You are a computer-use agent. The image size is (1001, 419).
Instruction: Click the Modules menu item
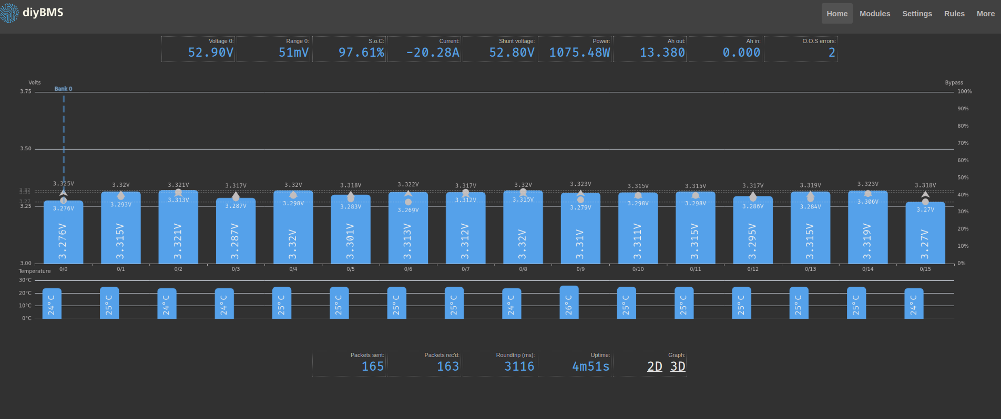point(875,14)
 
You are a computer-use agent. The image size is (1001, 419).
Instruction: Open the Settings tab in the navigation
point(917,14)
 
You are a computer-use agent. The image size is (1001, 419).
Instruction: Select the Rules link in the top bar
point(954,14)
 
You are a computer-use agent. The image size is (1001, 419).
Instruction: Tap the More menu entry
point(985,14)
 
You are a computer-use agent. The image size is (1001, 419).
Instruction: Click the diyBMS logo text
point(43,12)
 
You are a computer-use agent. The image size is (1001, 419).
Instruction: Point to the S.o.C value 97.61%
point(361,53)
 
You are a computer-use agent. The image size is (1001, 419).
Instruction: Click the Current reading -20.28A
point(433,53)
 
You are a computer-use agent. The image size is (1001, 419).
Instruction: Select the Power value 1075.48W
point(579,53)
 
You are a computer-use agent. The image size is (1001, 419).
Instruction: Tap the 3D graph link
point(678,366)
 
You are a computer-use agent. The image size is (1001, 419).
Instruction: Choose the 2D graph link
point(655,366)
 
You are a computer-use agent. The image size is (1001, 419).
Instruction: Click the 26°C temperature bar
point(569,302)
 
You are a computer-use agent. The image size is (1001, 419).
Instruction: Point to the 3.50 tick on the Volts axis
point(26,149)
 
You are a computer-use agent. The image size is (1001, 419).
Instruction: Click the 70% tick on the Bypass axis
point(963,143)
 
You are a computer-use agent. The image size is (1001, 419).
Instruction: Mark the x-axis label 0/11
point(695,269)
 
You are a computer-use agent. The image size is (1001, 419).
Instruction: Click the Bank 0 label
point(63,89)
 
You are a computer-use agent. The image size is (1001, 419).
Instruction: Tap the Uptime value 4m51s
point(590,366)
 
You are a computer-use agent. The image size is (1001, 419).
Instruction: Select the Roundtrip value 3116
point(519,366)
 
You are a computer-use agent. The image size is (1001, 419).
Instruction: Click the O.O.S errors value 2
point(832,53)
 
